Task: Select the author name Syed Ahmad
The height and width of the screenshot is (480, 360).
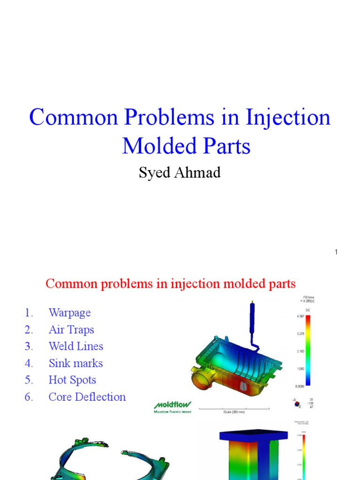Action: click(179, 172)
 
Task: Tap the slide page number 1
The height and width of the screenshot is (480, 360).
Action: click(336, 252)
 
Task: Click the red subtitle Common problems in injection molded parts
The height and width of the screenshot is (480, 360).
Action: click(170, 284)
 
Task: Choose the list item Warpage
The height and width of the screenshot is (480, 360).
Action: click(69, 313)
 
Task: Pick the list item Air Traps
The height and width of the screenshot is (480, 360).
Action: click(71, 330)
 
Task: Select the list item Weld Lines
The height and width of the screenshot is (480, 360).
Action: click(75, 346)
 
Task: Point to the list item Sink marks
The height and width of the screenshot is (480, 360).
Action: click(75, 363)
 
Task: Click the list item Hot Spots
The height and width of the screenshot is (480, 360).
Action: click(72, 380)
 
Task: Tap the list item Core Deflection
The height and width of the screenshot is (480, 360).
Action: click(87, 397)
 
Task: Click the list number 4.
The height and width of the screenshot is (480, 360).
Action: click(29, 363)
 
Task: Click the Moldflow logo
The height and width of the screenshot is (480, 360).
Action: click(172, 406)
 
